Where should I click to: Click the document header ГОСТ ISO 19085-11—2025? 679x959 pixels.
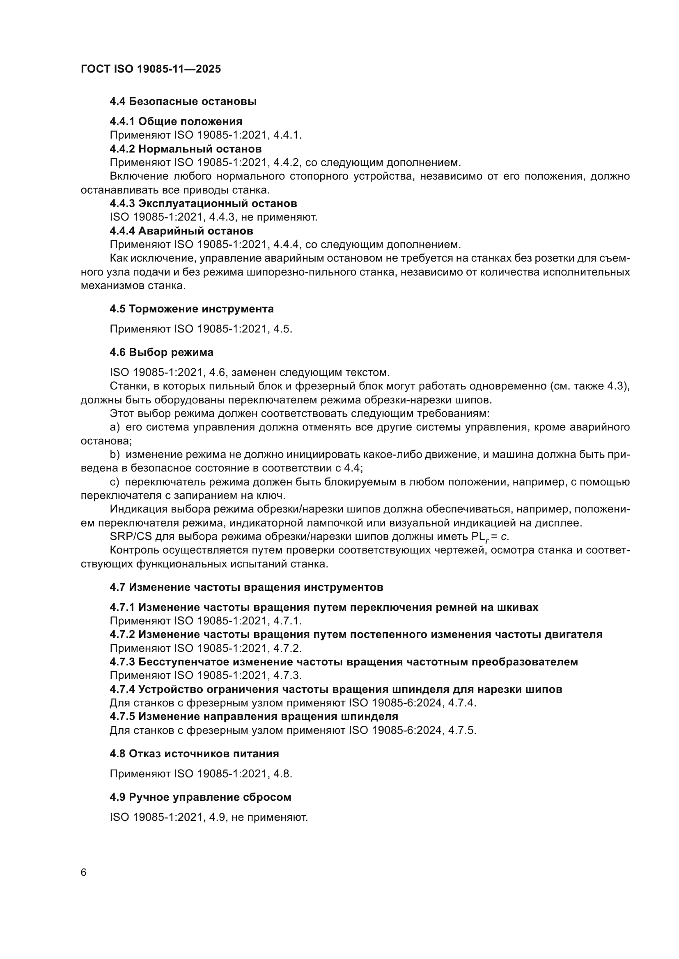point(151,69)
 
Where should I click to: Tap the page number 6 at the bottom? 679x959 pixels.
point(84,872)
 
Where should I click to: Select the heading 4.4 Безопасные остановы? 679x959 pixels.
point(183,102)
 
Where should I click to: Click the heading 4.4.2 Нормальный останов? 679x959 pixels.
point(186,149)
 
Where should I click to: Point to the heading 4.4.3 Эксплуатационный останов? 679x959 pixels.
point(203,203)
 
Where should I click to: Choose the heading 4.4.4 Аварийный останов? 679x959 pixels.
point(181,230)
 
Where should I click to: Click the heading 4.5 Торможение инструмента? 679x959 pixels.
point(191,309)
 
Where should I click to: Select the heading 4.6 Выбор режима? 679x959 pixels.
point(161,352)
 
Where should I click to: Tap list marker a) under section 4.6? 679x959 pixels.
point(115,427)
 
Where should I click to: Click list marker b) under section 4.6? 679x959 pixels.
point(115,454)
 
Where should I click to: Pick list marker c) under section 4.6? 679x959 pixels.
point(115,482)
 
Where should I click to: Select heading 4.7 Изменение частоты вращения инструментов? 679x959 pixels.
point(246,587)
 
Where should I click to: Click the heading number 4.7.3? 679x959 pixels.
point(122,662)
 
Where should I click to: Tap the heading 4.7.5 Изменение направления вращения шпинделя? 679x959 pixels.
point(254,716)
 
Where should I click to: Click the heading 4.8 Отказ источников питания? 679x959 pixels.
point(194,754)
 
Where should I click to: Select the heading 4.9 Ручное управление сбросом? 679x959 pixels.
point(200,797)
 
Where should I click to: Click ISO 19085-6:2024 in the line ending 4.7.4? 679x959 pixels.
point(395,703)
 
